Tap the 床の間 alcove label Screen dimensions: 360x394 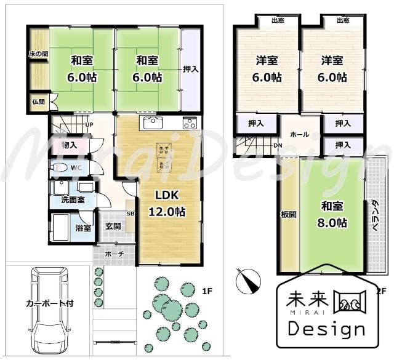coord(38,54)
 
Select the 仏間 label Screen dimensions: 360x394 coord(38,102)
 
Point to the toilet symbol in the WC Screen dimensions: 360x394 coord(60,167)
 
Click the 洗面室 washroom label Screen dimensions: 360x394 coord(73,200)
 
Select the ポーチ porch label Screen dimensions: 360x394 coord(115,254)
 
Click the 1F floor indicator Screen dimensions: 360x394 coord(207,290)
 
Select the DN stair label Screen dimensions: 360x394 coord(278,146)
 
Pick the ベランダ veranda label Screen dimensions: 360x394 coord(374,215)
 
